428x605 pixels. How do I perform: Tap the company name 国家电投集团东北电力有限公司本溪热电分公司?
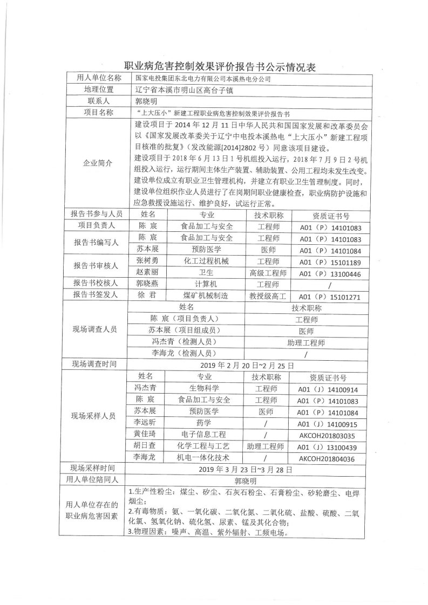tap(203, 79)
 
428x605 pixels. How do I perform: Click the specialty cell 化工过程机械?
tap(206, 262)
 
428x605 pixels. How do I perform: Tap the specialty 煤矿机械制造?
tap(206, 295)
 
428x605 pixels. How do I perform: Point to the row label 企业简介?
tap(99, 163)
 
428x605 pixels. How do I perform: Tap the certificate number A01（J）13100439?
tap(329, 447)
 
